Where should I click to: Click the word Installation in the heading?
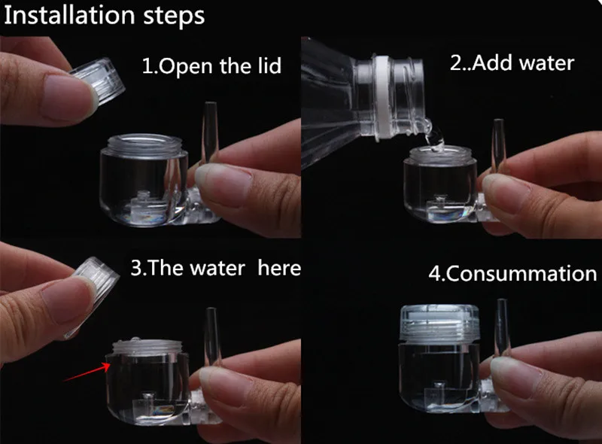(69, 16)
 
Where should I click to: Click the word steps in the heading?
(174, 17)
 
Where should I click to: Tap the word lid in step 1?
(269, 65)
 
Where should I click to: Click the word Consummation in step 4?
(521, 273)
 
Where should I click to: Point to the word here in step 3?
(279, 267)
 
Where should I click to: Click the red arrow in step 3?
(87, 373)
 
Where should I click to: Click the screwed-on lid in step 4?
(439, 323)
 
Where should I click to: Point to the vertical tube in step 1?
(210, 132)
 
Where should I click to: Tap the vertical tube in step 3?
(211, 337)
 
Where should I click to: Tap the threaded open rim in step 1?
(144, 144)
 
